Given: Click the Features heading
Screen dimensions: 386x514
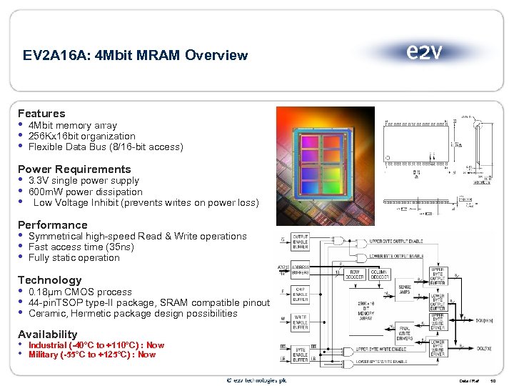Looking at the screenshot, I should [x=41, y=114].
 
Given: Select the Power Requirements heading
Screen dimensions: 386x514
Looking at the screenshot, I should [x=74, y=169].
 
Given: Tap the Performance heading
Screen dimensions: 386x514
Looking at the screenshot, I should [x=52, y=225].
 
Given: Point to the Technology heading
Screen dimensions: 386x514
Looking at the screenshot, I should [x=49, y=280].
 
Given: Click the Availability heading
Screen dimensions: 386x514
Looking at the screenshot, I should [x=47, y=335].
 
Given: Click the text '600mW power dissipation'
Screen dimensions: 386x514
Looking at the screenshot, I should [x=85, y=192].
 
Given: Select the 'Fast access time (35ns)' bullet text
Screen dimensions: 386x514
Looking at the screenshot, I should [x=81, y=247].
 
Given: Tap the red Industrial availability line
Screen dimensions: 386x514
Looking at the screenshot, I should [x=96, y=345].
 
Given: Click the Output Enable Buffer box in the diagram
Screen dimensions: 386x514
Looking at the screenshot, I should [x=300, y=242].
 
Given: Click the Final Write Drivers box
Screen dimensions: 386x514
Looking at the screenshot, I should [x=403, y=333].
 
